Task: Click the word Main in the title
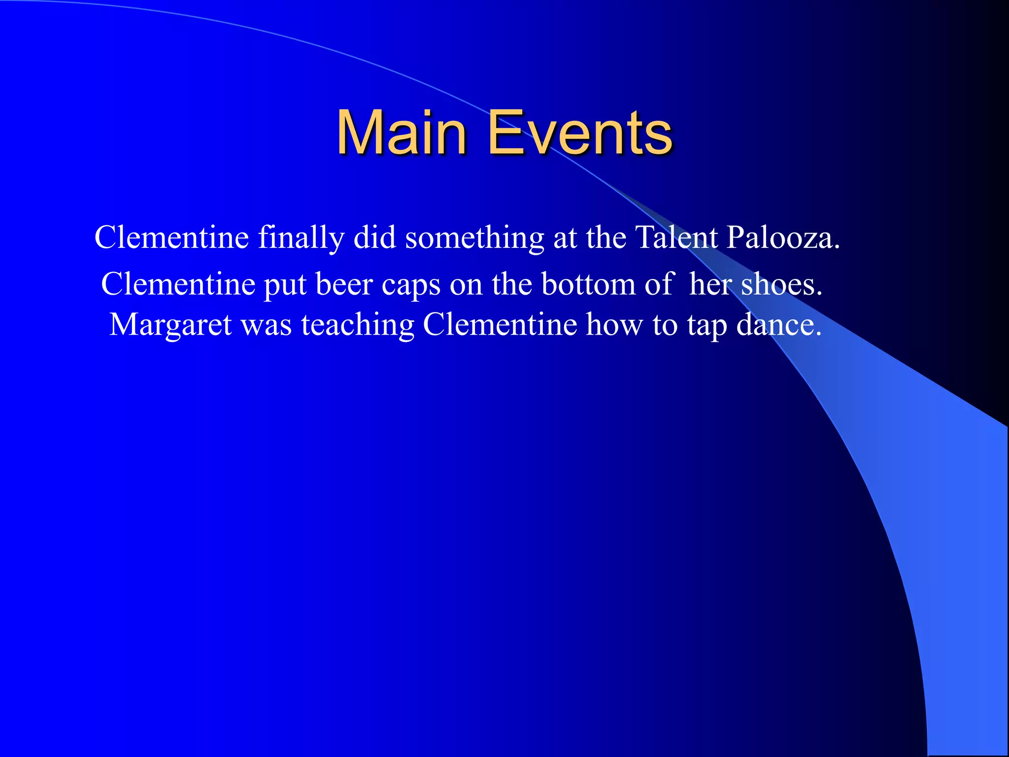401,133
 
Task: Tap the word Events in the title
580,133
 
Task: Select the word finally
301,238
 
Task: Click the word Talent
676,238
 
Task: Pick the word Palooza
783,238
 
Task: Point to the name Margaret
170,325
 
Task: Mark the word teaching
358,325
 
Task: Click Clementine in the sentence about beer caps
178,284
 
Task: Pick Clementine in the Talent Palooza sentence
171,238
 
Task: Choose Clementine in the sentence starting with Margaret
500,325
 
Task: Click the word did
375,238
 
